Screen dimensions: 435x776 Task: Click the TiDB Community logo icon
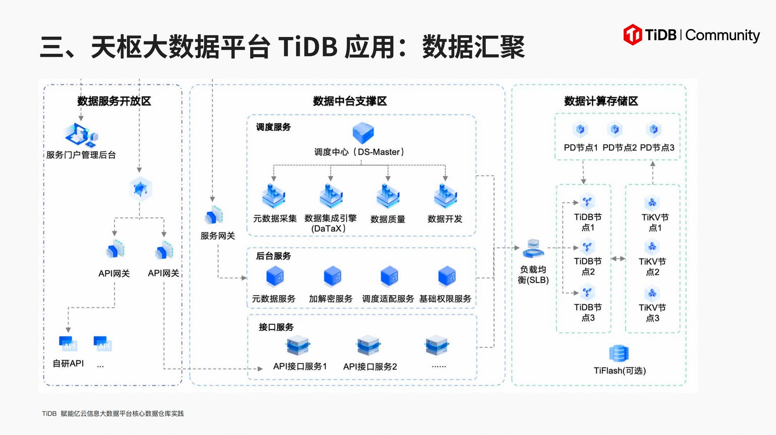(633, 35)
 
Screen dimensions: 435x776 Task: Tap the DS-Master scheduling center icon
(363, 132)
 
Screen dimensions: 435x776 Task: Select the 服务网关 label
(217, 236)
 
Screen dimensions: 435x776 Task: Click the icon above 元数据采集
(274, 196)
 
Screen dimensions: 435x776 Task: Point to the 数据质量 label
(388, 219)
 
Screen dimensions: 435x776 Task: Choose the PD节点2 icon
(615, 129)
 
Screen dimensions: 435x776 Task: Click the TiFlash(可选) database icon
(619, 353)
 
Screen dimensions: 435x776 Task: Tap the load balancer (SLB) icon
(533, 248)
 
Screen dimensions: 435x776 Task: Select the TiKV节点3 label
(652, 313)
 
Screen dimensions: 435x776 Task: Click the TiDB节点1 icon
(587, 201)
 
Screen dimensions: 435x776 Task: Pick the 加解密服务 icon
(333, 277)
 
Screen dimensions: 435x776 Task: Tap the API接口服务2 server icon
(368, 346)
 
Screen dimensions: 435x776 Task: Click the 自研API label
(68, 363)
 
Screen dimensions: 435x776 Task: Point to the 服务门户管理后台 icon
(81, 135)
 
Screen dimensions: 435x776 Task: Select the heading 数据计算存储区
(601, 101)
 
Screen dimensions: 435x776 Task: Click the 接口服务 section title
(276, 327)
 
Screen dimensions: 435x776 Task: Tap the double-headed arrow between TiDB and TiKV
(618, 259)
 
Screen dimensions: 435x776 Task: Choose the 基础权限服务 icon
(447, 277)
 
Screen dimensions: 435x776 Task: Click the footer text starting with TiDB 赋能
(113, 414)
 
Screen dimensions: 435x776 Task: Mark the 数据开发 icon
(445, 196)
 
